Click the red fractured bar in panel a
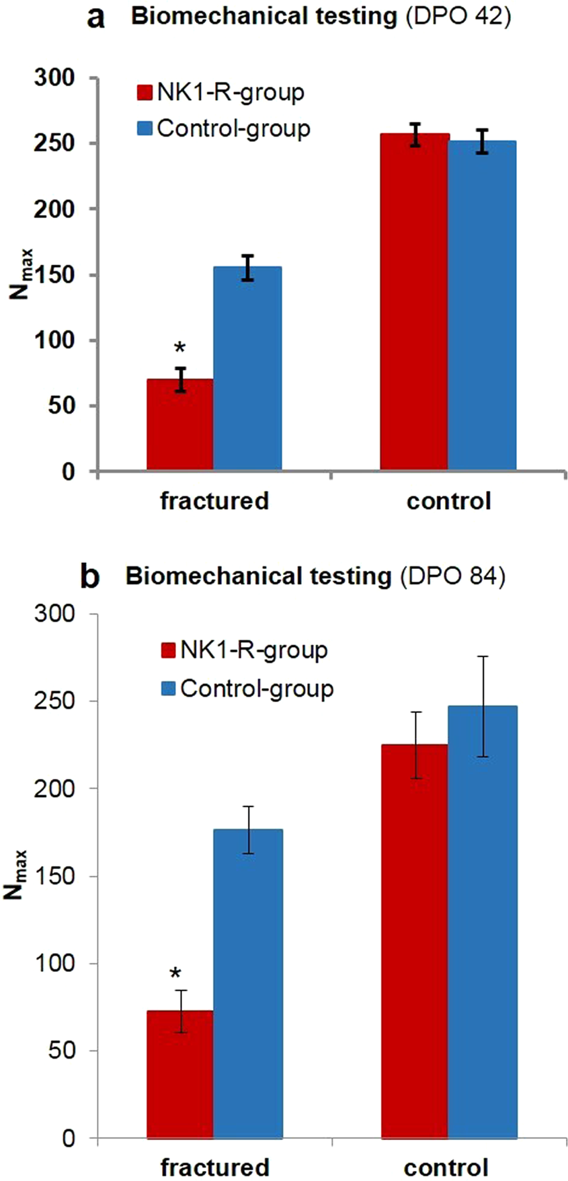click(x=179, y=425)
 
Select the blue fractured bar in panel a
click(x=247, y=369)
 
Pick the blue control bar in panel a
click(x=483, y=306)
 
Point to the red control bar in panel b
click(x=414, y=942)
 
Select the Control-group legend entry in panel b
click(x=247, y=689)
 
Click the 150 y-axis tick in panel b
click(x=60, y=876)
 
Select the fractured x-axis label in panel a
click(x=214, y=501)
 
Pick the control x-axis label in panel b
click(x=448, y=1166)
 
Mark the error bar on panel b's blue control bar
click(x=483, y=706)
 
